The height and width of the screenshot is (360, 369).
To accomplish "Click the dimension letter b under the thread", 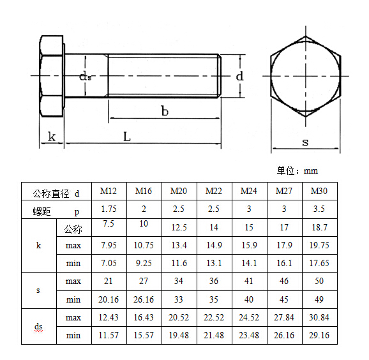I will point(164,111).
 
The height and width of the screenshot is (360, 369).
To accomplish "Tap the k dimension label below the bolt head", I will point(51,137).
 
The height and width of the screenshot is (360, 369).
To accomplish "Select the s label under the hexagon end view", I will point(305,142).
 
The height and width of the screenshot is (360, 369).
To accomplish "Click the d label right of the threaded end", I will point(239,76).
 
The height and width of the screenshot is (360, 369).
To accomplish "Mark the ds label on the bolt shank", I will point(86,76).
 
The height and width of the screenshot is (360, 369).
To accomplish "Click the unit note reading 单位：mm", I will point(297,170).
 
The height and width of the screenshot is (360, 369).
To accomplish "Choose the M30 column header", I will point(319,191).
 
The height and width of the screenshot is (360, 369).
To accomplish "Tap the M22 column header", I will point(214,191).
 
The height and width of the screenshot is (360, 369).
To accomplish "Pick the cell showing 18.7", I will point(319,227).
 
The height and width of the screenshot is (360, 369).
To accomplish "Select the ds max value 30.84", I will point(319,317).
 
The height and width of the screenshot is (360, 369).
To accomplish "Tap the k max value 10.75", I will point(144,245).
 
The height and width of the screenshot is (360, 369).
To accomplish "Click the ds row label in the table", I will point(39,326).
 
